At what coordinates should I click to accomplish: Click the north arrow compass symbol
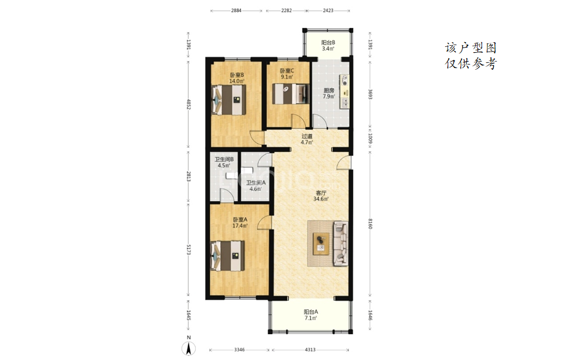pyautogui.click(x=189, y=349)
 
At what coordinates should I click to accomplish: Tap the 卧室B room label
pyautogui.click(x=237, y=75)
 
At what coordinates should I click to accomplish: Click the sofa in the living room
pyautogui.click(x=340, y=243)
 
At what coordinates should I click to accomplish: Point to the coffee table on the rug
pyautogui.click(x=321, y=243)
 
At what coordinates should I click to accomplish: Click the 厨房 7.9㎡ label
pyautogui.click(x=329, y=93)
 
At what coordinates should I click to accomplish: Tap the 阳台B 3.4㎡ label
pyautogui.click(x=328, y=45)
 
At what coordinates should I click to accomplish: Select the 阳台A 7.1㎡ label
pyautogui.click(x=310, y=315)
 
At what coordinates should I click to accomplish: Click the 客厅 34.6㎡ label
pyautogui.click(x=321, y=196)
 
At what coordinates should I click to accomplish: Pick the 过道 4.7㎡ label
pyautogui.click(x=306, y=140)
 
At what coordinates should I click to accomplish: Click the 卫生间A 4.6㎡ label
pyautogui.click(x=255, y=186)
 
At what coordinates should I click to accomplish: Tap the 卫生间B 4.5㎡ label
pyautogui.click(x=224, y=162)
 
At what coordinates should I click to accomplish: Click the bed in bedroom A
pyautogui.click(x=228, y=256)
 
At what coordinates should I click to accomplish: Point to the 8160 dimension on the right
pyautogui.click(x=370, y=224)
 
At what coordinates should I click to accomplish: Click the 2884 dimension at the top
pyautogui.click(x=236, y=11)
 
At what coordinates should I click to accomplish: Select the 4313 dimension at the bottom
pyautogui.click(x=310, y=350)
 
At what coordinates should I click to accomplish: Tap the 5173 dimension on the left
pyautogui.click(x=189, y=250)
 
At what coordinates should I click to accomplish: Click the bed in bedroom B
pyautogui.click(x=229, y=100)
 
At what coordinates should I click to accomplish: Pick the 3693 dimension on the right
pyautogui.click(x=370, y=94)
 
